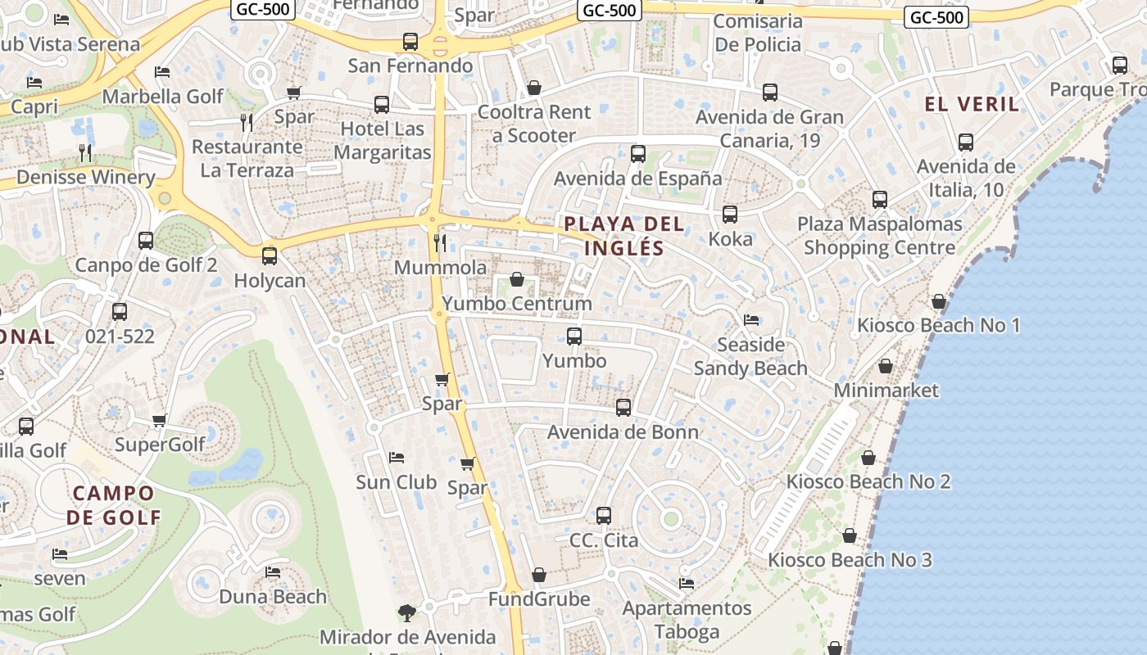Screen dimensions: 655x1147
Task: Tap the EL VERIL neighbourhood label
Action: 972,104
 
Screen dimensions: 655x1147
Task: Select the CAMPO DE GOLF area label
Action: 113,505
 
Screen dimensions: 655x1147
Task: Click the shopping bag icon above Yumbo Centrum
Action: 517,279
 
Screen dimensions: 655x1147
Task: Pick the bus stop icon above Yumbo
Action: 574,336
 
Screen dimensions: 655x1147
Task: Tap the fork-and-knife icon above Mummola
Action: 440,242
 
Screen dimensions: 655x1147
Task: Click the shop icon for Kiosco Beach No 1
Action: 939,301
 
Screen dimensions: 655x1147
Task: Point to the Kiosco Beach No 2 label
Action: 868,481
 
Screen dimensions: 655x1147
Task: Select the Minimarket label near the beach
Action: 886,391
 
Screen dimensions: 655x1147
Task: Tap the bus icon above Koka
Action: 729,215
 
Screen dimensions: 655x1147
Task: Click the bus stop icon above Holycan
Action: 270,255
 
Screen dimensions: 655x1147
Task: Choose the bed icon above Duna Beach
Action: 273,571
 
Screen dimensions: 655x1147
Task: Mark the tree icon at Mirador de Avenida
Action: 407,612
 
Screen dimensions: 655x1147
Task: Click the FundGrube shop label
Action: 539,599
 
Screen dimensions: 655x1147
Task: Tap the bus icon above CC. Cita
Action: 604,516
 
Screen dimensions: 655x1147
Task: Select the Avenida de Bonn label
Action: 623,432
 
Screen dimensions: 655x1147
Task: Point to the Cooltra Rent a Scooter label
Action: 534,124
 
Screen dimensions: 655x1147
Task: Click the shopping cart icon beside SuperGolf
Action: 160,420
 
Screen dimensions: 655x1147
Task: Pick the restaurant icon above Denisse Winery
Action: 85,152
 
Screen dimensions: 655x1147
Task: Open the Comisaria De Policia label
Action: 758,33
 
